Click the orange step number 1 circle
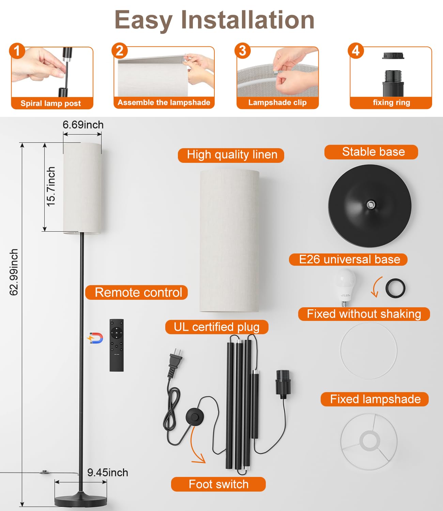tap(17, 51)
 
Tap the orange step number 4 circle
tap(356, 50)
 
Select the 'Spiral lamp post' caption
tap(51, 103)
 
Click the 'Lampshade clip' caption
tap(277, 102)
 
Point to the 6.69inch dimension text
tap(83, 125)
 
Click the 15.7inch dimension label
tap(51, 186)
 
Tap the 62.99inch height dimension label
tap(14, 272)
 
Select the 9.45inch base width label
tap(108, 473)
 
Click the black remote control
tap(117, 345)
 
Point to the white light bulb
tap(344, 287)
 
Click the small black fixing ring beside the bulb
tap(395, 288)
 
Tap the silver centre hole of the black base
tap(370, 204)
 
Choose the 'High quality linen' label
tap(232, 155)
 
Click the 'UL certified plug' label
tap(217, 327)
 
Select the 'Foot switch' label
tap(218, 484)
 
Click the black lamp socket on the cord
tap(282, 384)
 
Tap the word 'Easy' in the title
tap(143, 20)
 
